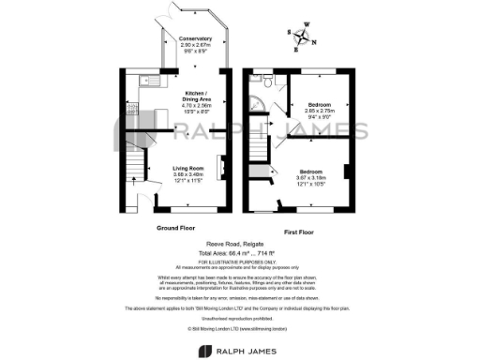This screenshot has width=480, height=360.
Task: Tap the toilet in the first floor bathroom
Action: [268, 82]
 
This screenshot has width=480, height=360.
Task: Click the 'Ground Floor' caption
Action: [173, 228]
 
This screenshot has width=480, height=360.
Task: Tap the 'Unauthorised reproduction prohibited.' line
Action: [240, 317]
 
